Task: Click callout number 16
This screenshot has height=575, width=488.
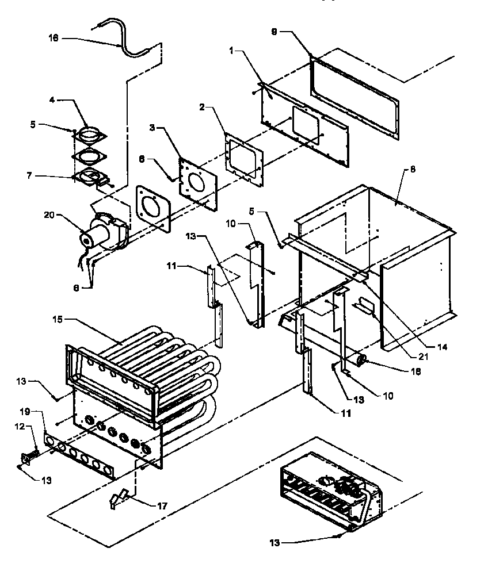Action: [52, 39]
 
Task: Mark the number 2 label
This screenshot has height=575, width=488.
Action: [202, 108]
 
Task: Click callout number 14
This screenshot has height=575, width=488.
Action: [441, 347]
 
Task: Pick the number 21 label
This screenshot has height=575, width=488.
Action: [424, 356]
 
